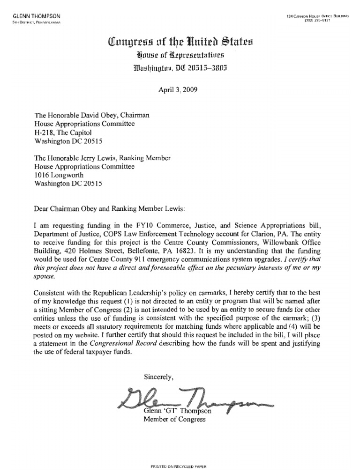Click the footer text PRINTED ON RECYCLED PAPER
pos(178,467)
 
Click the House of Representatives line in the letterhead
pos(180,56)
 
